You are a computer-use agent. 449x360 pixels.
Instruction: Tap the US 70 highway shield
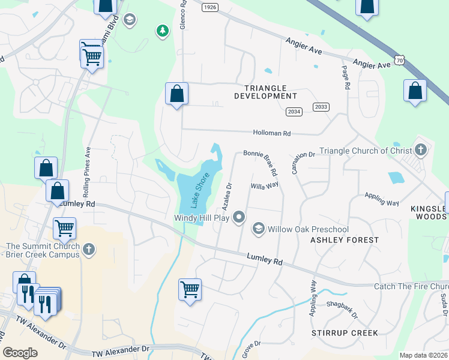[400, 60]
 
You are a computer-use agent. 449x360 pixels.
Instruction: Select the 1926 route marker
[209, 7]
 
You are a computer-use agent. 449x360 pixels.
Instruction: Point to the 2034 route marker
[294, 112]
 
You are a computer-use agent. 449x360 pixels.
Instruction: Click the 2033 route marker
[321, 107]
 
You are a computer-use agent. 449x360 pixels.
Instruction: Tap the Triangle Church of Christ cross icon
[421, 149]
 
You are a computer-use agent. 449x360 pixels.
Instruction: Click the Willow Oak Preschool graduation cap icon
[258, 228]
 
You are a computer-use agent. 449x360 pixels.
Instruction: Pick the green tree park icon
[161, 31]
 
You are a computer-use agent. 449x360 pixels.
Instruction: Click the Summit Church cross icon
[88, 248]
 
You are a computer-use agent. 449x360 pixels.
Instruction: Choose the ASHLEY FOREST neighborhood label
[345, 240]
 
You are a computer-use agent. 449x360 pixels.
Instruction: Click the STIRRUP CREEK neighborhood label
[345, 332]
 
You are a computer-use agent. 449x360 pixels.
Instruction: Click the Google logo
[20, 353]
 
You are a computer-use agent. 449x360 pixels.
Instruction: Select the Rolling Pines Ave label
[87, 173]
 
